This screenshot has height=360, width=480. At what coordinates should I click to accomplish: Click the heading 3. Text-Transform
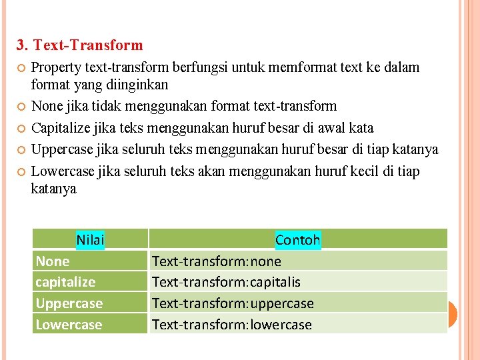(x=80, y=45)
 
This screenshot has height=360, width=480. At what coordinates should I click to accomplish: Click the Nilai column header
(x=90, y=239)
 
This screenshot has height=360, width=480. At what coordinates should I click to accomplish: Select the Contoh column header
(x=297, y=239)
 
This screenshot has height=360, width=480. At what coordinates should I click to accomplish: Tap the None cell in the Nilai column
(x=53, y=261)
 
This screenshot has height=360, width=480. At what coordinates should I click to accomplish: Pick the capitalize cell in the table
(x=65, y=282)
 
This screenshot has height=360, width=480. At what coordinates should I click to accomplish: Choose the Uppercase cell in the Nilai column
(x=69, y=303)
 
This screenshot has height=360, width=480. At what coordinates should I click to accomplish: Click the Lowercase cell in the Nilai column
(x=69, y=325)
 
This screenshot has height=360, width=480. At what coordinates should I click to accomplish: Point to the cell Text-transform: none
(x=217, y=261)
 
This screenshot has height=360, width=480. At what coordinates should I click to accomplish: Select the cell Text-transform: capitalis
(x=226, y=282)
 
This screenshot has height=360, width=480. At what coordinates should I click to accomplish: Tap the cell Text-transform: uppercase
(x=233, y=303)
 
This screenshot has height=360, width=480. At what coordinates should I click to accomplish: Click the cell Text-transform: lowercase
(x=232, y=325)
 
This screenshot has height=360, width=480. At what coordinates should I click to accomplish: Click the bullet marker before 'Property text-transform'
(x=21, y=68)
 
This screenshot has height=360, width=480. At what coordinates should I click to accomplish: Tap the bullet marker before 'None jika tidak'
(x=21, y=107)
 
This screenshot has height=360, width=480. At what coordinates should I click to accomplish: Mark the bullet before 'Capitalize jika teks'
(x=21, y=128)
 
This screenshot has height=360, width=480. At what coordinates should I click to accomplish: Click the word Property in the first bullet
(x=56, y=67)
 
